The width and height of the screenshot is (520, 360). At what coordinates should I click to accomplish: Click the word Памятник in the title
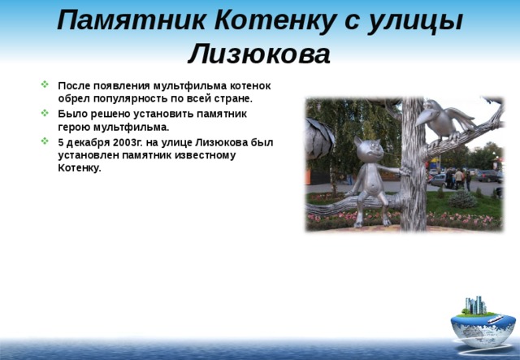(132, 21)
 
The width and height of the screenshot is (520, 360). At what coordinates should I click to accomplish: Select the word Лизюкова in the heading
(259, 54)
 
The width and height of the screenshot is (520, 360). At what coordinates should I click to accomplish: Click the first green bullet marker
(45, 85)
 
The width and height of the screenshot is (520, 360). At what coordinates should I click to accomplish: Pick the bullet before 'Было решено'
(45, 113)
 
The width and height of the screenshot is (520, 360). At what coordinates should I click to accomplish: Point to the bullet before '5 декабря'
(45, 141)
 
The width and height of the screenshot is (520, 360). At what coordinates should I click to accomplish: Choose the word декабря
(88, 143)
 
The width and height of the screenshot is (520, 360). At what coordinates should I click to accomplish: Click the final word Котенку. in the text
(80, 168)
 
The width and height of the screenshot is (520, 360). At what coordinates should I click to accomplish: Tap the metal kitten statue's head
(368, 150)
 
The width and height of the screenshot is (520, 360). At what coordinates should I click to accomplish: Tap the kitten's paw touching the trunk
(405, 171)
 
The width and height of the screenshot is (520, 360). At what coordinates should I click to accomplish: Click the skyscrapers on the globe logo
(474, 306)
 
